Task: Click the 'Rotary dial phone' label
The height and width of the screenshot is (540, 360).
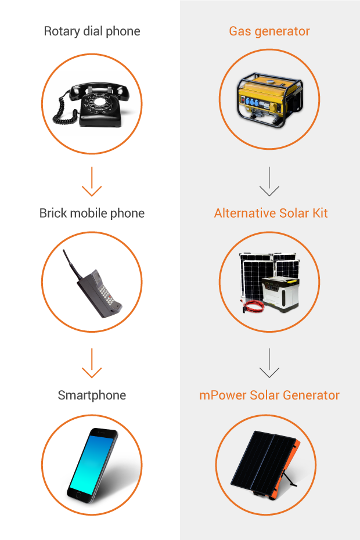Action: [x=92, y=31]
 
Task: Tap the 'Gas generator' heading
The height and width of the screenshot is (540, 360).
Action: [x=269, y=31]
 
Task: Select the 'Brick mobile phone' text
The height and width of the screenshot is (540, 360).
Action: [x=92, y=213]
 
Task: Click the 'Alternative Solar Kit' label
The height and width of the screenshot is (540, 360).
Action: [x=271, y=213]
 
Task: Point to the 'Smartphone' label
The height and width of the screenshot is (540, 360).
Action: [x=92, y=395]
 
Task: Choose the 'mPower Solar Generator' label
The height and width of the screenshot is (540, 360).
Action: [x=269, y=395]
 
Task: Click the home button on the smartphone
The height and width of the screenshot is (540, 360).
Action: [x=76, y=495]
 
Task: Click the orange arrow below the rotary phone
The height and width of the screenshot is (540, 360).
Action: [x=92, y=185]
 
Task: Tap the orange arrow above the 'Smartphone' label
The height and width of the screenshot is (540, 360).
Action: [x=92, y=367]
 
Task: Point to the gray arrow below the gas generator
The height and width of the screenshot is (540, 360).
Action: [x=269, y=185]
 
